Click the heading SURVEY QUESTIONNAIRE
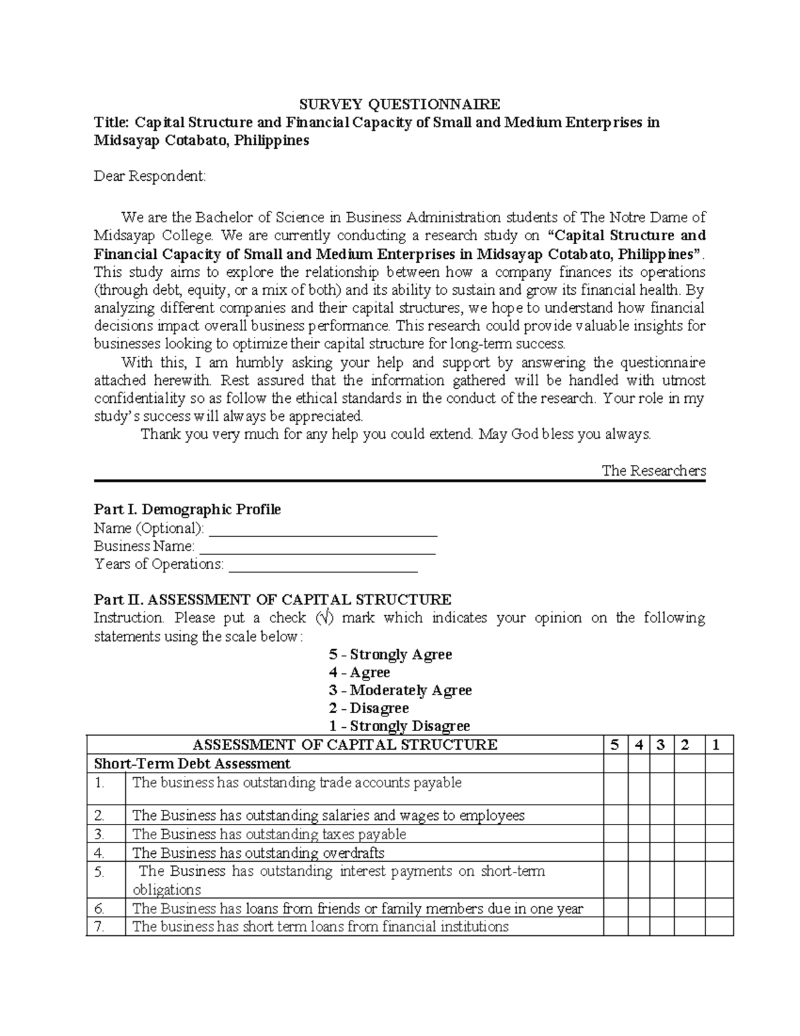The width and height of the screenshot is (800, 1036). point(399,104)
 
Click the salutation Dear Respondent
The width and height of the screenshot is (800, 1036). point(150,176)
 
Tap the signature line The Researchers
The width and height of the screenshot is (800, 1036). point(653,470)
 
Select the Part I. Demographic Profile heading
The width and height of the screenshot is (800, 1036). point(187,510)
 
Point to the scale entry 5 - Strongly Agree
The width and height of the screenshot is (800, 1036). point(391,654)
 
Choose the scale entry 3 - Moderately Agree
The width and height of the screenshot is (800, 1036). point(400,690)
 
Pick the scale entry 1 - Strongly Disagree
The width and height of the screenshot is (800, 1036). point(399,726)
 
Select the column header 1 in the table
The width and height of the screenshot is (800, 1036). point(716,745)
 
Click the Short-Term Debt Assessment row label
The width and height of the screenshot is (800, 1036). point(192,763)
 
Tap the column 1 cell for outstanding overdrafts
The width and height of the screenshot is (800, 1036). point(716,853)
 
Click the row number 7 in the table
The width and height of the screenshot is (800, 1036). point(100,927)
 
